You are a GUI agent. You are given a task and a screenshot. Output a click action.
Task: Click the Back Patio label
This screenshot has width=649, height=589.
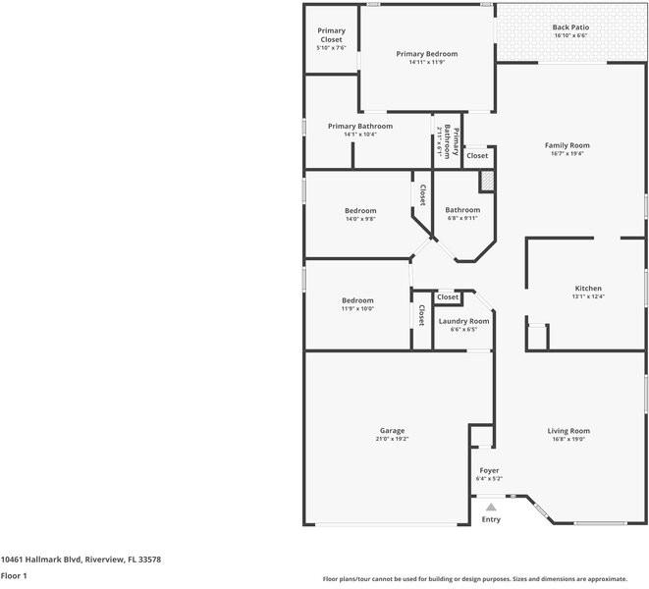[569, 27]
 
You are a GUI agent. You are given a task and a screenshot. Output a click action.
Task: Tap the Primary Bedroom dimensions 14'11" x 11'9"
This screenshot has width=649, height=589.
[427, 63]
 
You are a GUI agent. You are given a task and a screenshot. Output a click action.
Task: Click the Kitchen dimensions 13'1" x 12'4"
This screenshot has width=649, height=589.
[588, 296]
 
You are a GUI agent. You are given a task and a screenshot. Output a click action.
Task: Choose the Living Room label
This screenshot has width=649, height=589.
[568, 431]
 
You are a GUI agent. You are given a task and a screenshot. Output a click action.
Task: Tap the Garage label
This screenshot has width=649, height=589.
[393, 431]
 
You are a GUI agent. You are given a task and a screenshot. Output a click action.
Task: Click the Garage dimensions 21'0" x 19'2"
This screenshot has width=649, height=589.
[393, 440]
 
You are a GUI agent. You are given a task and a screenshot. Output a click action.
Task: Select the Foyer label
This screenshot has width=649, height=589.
[489, 471]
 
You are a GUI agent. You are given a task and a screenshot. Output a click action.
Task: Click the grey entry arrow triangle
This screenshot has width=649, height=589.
[491, 507]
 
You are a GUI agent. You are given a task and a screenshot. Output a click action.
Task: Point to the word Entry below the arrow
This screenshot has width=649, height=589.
[491, 519]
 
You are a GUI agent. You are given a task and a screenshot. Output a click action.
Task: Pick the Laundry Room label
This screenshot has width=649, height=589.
[463, 321]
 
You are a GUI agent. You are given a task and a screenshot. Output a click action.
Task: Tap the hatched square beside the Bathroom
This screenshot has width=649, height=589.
[486, 182]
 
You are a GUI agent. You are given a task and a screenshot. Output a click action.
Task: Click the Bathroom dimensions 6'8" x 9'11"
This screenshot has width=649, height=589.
[462, 219]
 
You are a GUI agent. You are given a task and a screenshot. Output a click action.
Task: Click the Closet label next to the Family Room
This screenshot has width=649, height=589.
[477, 156]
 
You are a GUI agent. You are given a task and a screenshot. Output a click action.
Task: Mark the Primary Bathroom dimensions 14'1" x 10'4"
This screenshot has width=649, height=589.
[360, 134]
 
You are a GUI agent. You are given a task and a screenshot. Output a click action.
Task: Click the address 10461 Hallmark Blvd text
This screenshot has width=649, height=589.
[81, 560]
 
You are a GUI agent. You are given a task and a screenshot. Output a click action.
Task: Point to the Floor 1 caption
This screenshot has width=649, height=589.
[14, 575]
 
